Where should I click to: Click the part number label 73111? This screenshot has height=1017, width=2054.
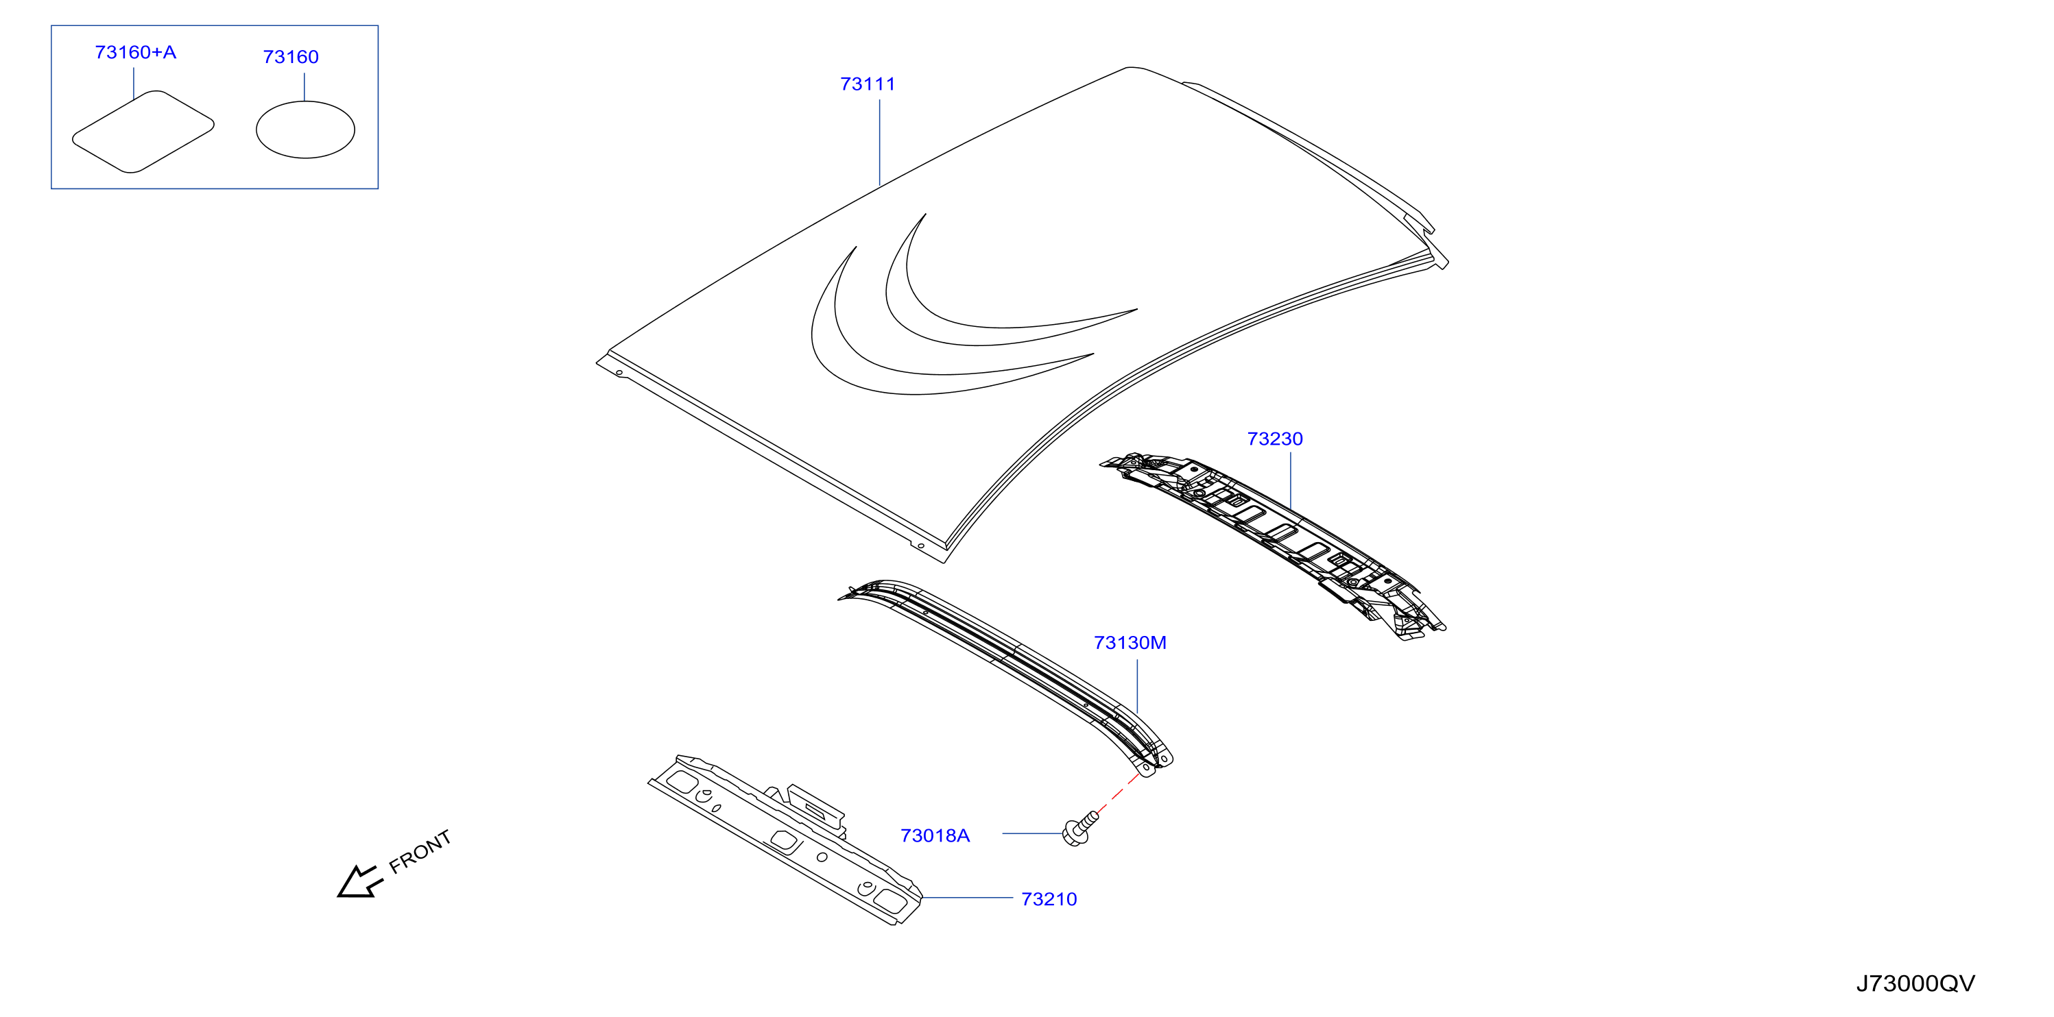point(868,84)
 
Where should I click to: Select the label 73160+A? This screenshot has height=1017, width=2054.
point(136,53)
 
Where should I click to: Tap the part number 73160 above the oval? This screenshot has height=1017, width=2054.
point(291,58)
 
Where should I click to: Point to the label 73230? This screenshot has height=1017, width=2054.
point(1275,439)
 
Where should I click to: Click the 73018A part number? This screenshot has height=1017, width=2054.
point(935,835)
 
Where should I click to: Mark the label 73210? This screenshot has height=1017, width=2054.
point(1049,899)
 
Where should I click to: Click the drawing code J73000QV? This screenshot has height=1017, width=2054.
point(1915,983)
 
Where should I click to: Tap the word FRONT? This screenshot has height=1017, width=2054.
point(420,851)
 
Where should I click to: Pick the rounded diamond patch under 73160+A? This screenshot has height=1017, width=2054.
point(143,132)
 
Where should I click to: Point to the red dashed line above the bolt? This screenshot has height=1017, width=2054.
point(1119,792)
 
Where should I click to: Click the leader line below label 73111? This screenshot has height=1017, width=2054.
point(879,142)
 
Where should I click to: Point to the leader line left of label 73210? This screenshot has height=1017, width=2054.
point(967,898)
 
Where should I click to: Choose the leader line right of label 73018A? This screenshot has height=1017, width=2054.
point(1033,834)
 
